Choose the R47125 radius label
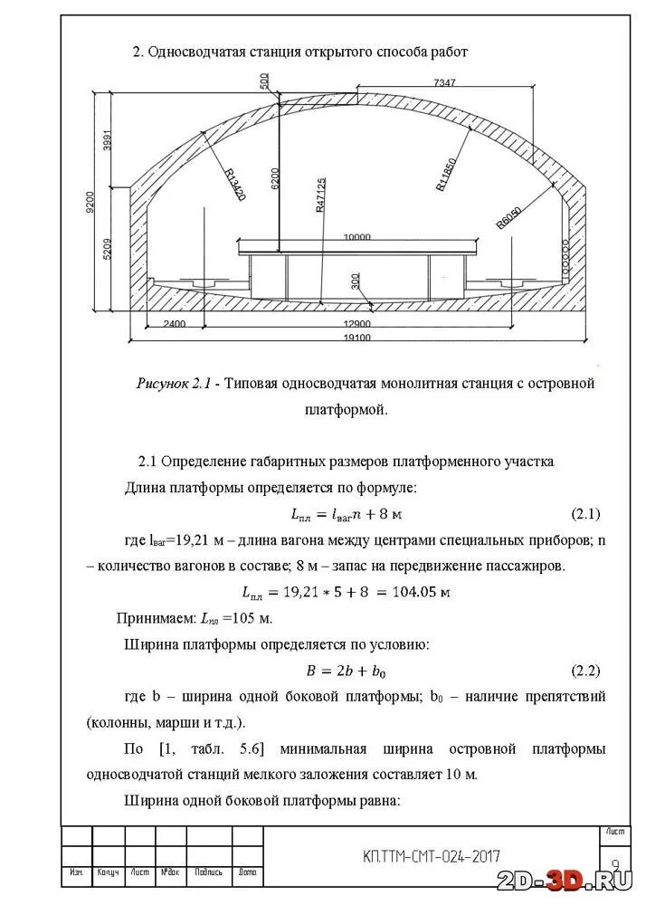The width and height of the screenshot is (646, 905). tap(320, 195)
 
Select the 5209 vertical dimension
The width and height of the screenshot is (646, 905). tap(108, 244)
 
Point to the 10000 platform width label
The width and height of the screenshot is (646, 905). tap(356, 237)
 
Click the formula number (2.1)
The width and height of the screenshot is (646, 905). tap(585, 514)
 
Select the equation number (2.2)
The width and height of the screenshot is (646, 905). tap(585, 671)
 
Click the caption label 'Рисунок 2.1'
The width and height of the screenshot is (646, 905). tap(173, 384)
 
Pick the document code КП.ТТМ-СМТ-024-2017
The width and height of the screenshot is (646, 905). tap(431, 856)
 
